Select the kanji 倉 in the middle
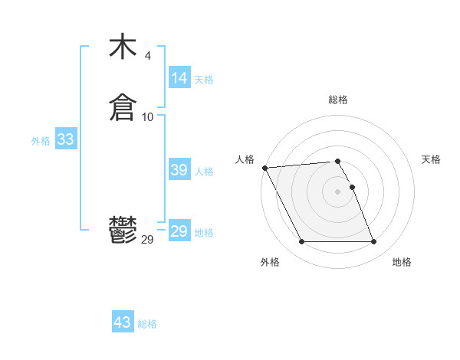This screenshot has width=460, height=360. pyautogui.click(x=123, y=107)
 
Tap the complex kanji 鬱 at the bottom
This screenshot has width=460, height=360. pyautogui.click(x=123, y=231)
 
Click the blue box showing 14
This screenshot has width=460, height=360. pyautogui.click(x=179, y=78)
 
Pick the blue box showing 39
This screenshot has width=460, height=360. pyautogui.click(x=179, y=170)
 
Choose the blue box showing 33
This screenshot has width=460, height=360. pyautogui.click(x=66, y=140)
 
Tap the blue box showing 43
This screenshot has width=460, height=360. pyautogui.click(x=123, y=322)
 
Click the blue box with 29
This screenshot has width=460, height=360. pyautogui.click(x=179, y=231)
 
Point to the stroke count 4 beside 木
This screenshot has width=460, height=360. pyautogui.click(x=148, y=56)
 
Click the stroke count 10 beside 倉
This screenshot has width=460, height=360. pyautogui.click(x=148, y=116)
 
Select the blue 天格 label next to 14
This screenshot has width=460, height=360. pyautogui.click(x=204, y=80)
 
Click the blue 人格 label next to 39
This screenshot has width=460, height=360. pyautogui.click(x=204, y=172)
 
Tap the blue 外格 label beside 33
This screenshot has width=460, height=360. pyautogui.click(x=41, y=141)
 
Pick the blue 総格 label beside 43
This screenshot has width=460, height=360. pyautogui.click(x=147, y=324)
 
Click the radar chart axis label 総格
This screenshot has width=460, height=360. pyautogui.click(x=338, y=100)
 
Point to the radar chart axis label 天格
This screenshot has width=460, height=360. pyautogui.click(x=431, y=159)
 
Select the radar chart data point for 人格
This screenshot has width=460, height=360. pyautogui.click(x=264, y=168)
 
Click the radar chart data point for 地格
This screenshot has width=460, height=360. pyautogui.click(x=374, y=242)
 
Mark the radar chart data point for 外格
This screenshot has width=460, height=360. pyautogui.click(x=301, y=242)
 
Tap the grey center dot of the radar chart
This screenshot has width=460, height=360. pyautogui.click(x=338, y=191)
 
